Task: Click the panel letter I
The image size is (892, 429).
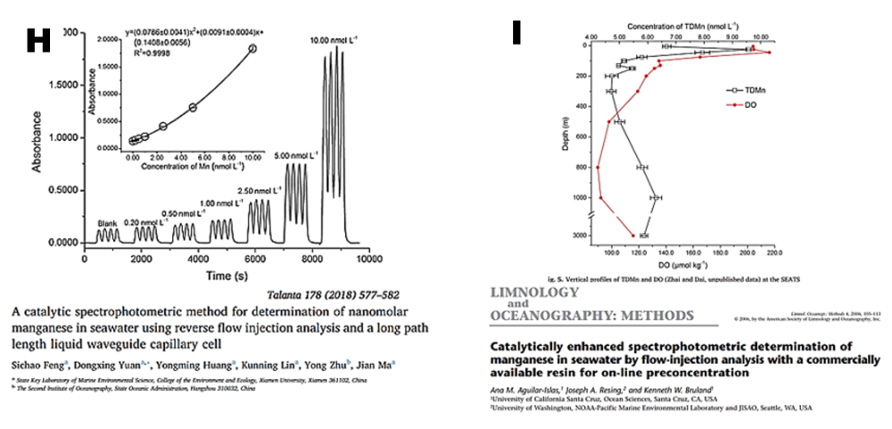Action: click(x=516, y=33)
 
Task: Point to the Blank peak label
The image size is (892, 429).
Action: click(x=107, y=222)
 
